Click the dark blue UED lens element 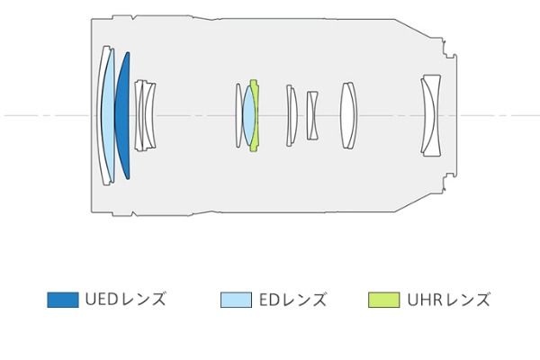[x=123, y=116]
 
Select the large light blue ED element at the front [x=107, y=116]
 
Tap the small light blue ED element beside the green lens [x=248, y=116]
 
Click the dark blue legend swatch [x=63, y=300]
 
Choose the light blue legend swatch [x=236, y=300]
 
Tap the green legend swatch [x=384, y=300]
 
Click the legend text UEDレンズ [x=125, y=300]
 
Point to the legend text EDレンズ [x=292, y=300]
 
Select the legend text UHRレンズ [x=448, y=300]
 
